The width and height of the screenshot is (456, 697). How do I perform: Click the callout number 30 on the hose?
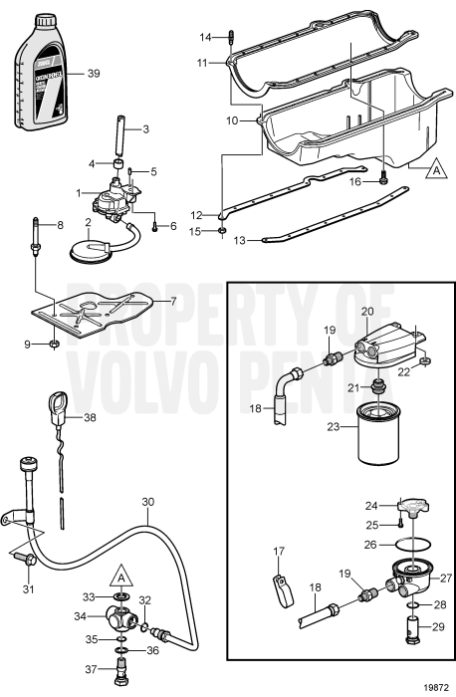click(x=148, y=503)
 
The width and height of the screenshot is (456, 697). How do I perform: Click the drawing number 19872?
click(x=434, y=685)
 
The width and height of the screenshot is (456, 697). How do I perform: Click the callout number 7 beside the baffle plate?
click(x=172, y=300)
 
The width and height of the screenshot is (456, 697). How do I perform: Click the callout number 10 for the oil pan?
click(x=232, y=120)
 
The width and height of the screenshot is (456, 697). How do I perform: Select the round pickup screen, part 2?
click(x=100, y=247)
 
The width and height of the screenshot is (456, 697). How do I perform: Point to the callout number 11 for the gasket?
click(x=203, y=62)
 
